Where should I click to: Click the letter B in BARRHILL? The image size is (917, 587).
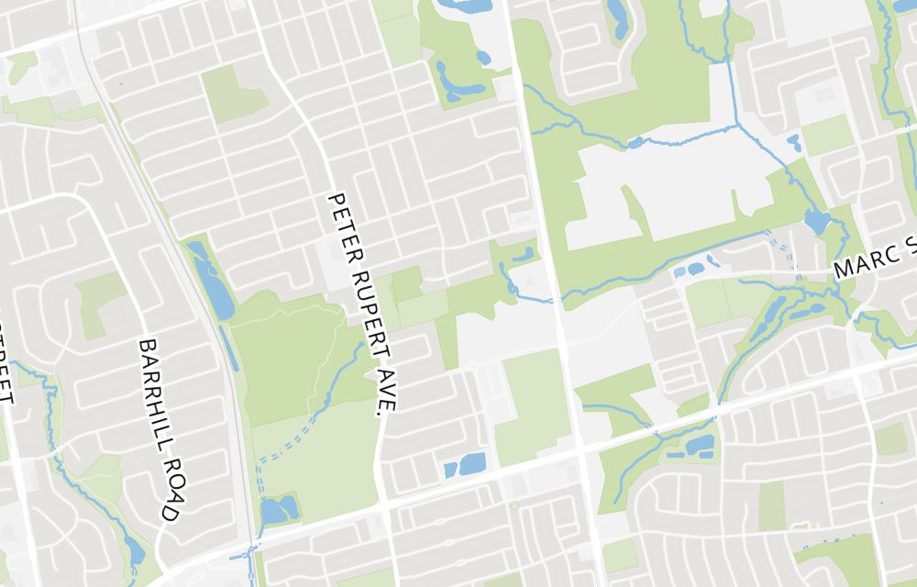[145, 347]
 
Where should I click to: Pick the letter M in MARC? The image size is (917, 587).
[845, 271]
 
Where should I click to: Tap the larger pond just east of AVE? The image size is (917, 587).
[471, 464]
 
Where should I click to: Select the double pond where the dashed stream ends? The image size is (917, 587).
[279, 509]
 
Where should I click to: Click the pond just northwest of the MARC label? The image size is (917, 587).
[816, 222]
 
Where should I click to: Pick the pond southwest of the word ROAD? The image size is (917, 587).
[135, 549]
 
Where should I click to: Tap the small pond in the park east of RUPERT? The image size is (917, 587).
[524, 254]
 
